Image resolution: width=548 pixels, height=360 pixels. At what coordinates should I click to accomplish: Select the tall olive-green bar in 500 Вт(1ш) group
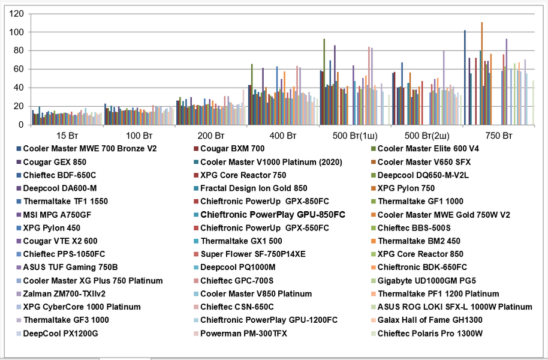point(324,82)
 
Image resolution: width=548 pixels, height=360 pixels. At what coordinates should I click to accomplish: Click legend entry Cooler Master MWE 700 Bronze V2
point(89,148)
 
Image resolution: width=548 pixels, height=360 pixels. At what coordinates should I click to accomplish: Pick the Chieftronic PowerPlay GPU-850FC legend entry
point(273,214)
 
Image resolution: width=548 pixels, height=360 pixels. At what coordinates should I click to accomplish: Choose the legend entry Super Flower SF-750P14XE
point(252,254)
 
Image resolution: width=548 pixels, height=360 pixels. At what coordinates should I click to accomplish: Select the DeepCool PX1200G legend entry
point(60,333)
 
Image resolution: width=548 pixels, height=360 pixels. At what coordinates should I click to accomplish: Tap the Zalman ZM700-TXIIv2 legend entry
point(64,293)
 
